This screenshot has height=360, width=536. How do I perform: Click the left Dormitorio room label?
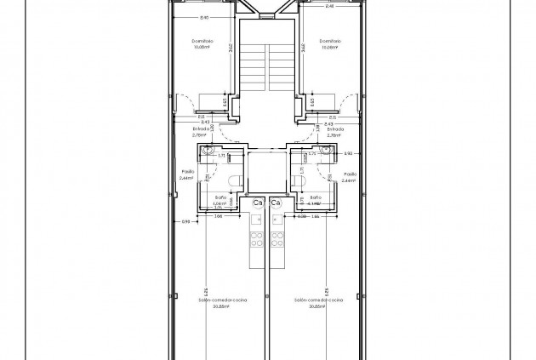point(201,41)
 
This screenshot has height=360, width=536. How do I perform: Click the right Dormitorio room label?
point(332,41)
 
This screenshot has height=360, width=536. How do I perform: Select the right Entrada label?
point(334,129)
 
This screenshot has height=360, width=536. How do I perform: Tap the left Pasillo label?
point(188,172)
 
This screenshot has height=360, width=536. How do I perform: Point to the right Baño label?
point(316,199)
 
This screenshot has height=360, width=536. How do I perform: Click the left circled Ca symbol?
point(259,203)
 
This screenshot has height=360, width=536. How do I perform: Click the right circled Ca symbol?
point(276,203)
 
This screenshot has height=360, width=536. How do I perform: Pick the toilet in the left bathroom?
point(237,180)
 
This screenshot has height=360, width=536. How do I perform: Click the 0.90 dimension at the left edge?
point(186,222)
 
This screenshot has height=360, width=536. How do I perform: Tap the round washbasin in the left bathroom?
point(207,150)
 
